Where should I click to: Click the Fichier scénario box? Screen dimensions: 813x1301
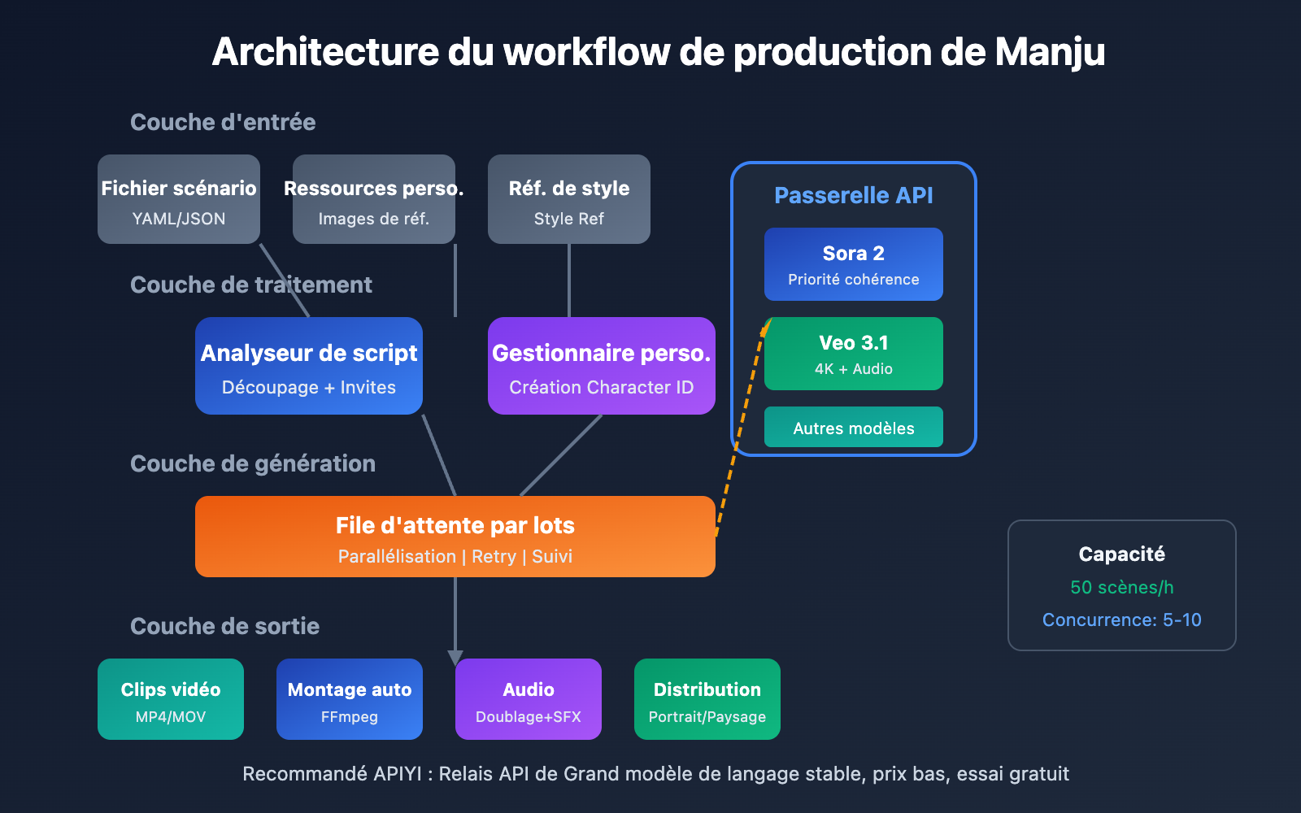[x=179, y=199]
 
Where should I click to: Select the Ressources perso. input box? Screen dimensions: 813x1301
[x=374, y=199]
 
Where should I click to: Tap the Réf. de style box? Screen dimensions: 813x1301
[x=569, y=199]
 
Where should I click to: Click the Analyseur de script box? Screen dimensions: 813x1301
[x=309, y=366]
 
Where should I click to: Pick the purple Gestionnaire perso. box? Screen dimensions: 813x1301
[x=602, y=366]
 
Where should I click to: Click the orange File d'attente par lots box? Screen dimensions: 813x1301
[x=455, y=537]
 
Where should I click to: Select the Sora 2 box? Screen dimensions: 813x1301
[x=854, y=264]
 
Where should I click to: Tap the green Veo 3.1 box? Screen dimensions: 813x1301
[x=854, y=354]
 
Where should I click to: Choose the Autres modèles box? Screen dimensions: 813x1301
[x=854, y=428]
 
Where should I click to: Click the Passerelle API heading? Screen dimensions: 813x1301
[x=854, y=195]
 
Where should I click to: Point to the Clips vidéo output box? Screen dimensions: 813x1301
[x=171, y=699]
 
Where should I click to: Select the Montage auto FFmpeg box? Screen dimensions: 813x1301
[x=350, y=699]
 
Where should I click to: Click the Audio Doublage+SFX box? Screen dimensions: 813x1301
[x=529, y=699]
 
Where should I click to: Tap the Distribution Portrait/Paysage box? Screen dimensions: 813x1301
[x=707, y=699]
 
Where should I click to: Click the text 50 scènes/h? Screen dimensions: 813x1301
[x=1121, y=587]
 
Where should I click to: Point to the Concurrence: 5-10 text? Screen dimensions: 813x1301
[x=1121, y=620]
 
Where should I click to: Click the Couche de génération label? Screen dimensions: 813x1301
[x=253, y=463]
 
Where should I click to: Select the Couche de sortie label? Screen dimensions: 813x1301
[x=224, y=626]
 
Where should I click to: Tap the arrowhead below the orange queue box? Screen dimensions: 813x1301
[x=455, y=657]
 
